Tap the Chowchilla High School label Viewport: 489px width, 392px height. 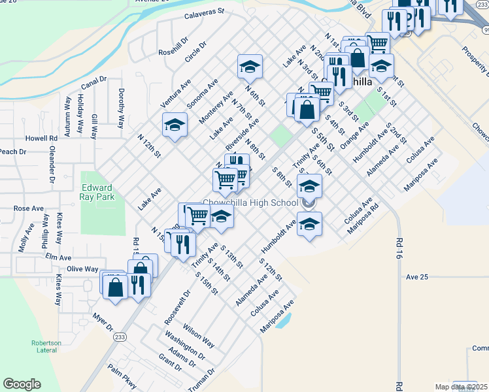[250, 203]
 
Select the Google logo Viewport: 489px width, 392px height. [22, 384]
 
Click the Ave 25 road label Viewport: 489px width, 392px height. [416, 277]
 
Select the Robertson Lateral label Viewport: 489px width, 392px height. [46, 347]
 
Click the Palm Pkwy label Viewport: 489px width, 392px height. [122, 375]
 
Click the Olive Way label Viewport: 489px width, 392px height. [82, 269]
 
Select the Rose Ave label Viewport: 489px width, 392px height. [28, 208]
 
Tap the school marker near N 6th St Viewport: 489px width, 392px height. [249, 66]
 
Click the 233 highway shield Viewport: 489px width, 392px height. [120, 336]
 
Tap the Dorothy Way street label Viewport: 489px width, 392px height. [120, 108]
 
